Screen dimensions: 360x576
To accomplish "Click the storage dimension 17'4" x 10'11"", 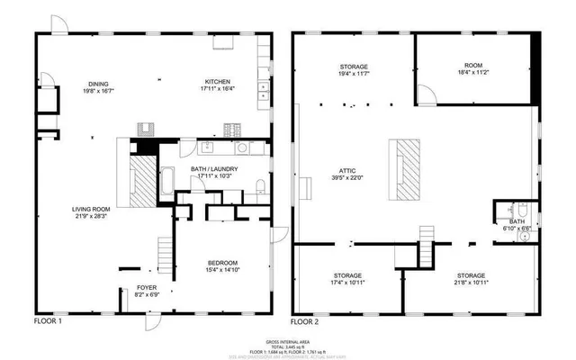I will pyautogui.click(x=347, y=283).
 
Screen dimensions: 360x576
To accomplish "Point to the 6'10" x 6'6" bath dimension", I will pyautogui.click(x=517, y=229).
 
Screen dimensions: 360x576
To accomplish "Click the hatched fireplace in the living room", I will pyautogui.click(x=142, y=183).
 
